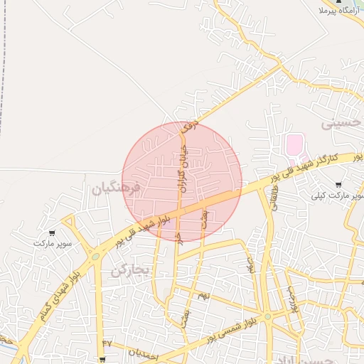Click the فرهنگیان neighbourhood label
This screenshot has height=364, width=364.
point(117,188)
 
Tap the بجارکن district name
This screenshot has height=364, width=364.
point(132,270)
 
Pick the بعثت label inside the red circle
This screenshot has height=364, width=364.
point(204,217)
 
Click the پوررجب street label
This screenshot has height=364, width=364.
point(290,299)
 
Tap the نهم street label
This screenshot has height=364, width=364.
point(203,294)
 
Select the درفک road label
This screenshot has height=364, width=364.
point(189,129)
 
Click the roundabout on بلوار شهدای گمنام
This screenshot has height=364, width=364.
point(95,257)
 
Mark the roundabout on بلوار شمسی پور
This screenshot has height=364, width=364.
point(267,316)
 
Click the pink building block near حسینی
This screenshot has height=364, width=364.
point(294,145)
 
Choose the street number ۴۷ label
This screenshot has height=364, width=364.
point(107,343)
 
